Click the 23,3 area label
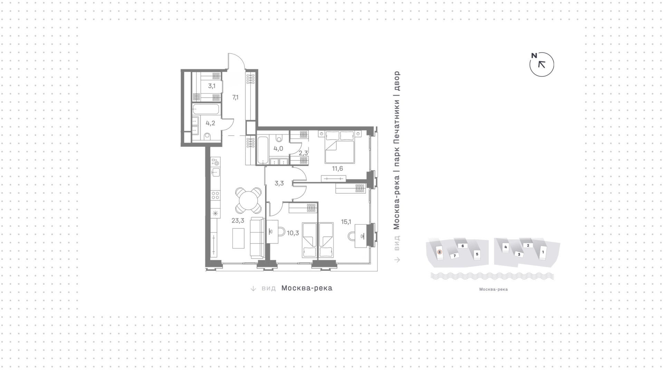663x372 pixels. click(x=238, y=221)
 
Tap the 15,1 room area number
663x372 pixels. click(x=346, y=222)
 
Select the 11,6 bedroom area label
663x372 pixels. click(x=337, y=168)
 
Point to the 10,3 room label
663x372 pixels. click(x=293, y=233)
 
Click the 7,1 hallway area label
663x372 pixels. click(x=235, y=98)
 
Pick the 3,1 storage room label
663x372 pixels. click(x=212, y=86)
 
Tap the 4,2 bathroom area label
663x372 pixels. click(x=210, y=123)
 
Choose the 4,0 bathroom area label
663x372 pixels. click(x=278, y=149)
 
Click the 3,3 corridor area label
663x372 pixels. click(x=279, y=183)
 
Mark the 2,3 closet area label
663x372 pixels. click(x=303, y=153)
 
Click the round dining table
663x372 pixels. click(x=249, y=200)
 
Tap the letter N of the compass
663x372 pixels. click(x=534, y=56)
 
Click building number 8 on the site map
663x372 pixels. click(x=440, y=252)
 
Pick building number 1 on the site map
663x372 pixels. click(x=543, y=252)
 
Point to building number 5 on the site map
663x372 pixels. click(x=477, y=254)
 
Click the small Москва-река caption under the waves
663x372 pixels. click(x=493, y=290)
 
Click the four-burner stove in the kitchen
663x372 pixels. click(x=215, y=195)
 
